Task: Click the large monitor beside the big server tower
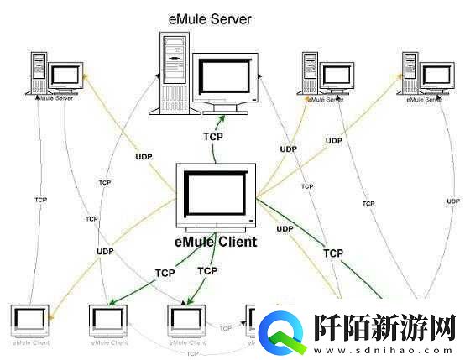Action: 222,84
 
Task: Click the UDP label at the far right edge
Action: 453,201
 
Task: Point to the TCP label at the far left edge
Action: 40,200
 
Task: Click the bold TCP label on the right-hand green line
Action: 333,252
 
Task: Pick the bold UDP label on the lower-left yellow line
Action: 105,251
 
